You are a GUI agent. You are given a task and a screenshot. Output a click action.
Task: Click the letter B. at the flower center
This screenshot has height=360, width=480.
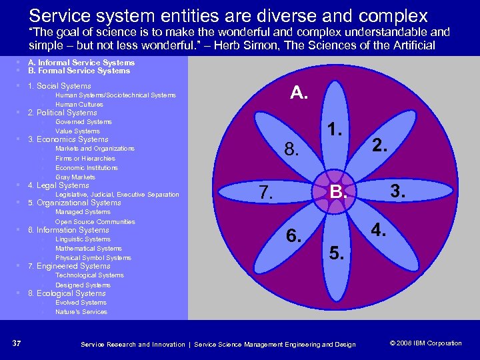coord(339,194)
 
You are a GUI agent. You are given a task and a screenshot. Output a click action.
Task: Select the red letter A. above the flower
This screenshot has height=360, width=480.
coord(299,93)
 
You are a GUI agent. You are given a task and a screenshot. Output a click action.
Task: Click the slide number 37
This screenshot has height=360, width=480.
coord(17,343)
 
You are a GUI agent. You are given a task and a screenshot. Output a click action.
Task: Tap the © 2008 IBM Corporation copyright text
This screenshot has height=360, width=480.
coord(425,343)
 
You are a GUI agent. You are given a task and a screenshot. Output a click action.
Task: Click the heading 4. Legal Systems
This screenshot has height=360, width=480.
coord(58,185)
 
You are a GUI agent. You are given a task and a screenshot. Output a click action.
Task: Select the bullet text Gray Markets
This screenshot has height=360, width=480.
coord(75,177)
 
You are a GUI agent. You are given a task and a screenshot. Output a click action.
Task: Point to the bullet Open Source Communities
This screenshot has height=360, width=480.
coord(95,222)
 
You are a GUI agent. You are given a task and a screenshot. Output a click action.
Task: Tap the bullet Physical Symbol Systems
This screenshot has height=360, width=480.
coord(93,258)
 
